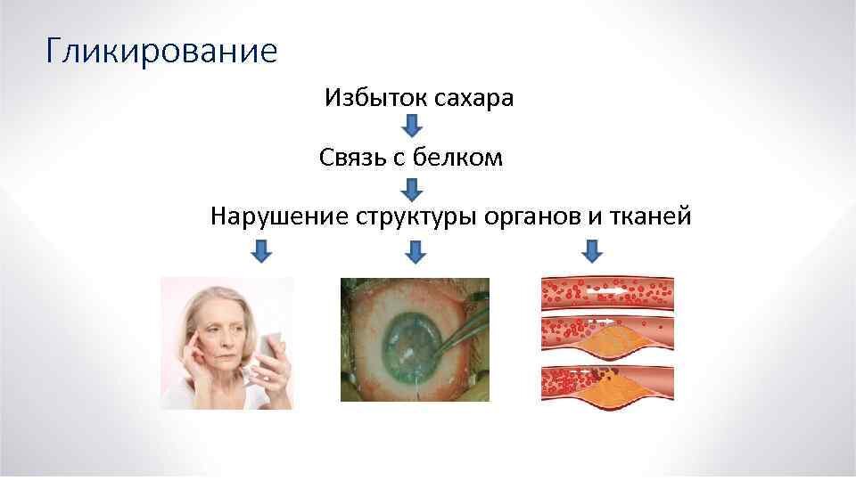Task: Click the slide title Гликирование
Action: (x=161, y=51)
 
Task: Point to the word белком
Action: (x=464, y=159)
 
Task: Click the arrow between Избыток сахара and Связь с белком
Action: (x=411, y=126)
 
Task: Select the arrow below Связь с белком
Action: (x=411, y=189)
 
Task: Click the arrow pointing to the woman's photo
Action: (x=259, y=251)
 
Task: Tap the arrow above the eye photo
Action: (x=415, y=251)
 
